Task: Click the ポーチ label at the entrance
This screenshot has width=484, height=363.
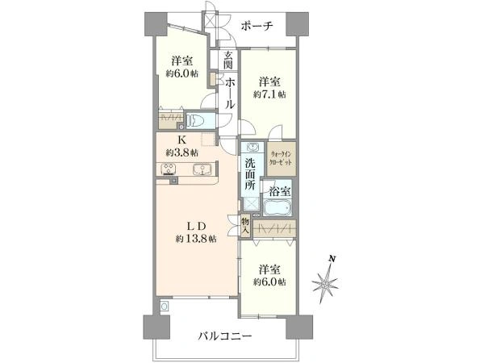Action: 257,26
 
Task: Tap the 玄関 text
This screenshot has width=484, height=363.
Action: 228,61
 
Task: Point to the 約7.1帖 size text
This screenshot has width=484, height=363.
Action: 269,94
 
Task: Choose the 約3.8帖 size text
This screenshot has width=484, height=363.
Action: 183,152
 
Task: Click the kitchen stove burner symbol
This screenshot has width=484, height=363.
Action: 170,169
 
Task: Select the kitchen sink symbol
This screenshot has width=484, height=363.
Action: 202,169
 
